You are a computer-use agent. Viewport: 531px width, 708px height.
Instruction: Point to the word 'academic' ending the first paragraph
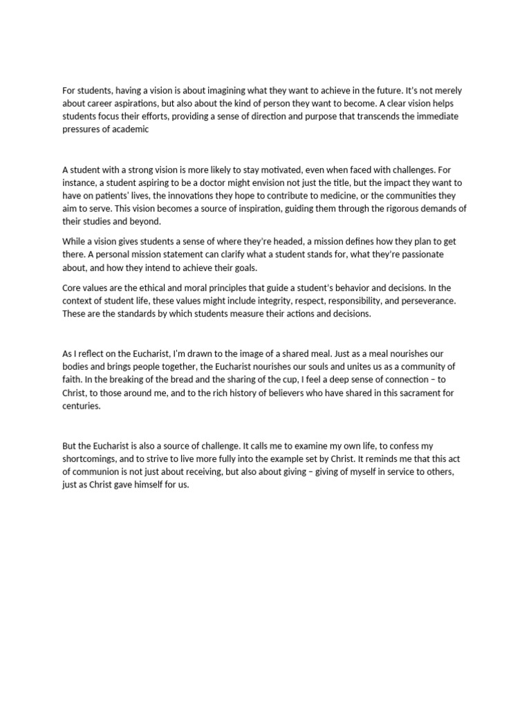pyautogui.click(x=126, y=129)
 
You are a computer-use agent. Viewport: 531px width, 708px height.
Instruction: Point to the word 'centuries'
pyautogui.click(x=81, y=406)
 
